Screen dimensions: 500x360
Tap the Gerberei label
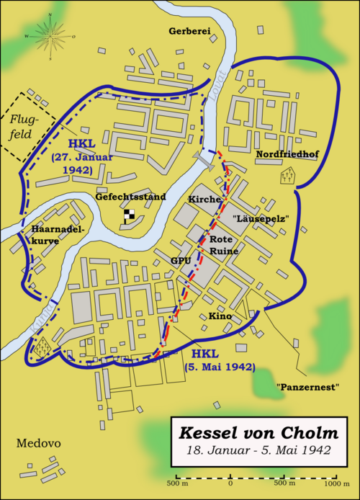[189, 31]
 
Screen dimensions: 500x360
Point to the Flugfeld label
[22, 128]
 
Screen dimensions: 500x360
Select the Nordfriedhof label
[287, 153]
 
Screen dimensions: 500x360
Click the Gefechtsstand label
[130, 196]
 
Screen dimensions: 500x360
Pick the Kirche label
[202, 198]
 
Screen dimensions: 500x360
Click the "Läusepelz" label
[261, 218]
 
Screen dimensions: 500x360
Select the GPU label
[180, 259]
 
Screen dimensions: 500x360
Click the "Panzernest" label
[307, 387]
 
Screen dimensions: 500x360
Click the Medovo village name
[35, 443]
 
